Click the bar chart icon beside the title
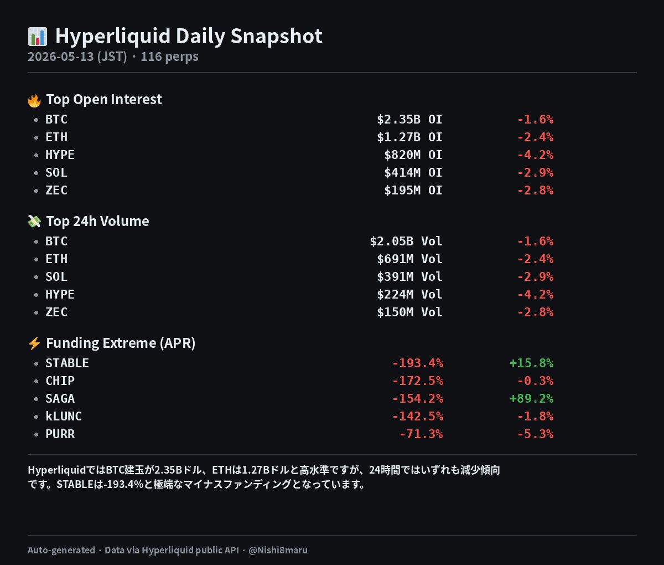(x=38, y=37)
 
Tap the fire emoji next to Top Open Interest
(x=34, y=100)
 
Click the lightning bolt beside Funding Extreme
(x=34, y=343)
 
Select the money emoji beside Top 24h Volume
(x=34, y=222)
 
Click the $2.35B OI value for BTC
(x=409, y=119)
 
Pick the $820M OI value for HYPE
(x=413, y=155)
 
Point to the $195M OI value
(x=413, y=190)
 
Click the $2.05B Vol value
(x=406, y=241)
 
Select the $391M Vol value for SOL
(x=409, y=276)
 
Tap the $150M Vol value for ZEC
(x=409, y=312)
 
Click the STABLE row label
(x=67, y=363)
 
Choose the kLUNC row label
(x=64, y=416)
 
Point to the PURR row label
(x=60, y=434)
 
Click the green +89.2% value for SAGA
(x=531, y=398)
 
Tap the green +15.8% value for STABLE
(x=531, y=363)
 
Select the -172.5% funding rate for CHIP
(x=418, y=381)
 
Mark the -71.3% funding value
(x=421, y=434)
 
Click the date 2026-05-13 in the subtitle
(x=61, y=56)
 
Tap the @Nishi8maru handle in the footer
(x=278, y=550)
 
